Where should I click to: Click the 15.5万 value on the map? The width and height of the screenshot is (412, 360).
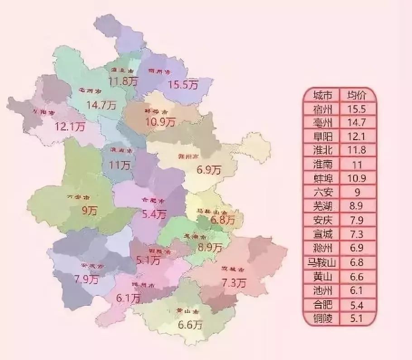(x=183, y=84)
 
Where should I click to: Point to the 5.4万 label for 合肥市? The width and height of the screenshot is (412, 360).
(x=154, y=214)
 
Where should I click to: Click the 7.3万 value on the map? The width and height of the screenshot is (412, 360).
(x=234, y=283)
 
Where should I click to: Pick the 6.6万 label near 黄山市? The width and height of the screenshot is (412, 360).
(x=190, y=325)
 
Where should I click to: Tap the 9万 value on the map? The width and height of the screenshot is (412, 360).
(x=90, y=210)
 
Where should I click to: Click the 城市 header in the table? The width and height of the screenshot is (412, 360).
(x=325, y=95)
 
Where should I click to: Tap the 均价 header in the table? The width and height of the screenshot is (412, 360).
(x=357, y=95)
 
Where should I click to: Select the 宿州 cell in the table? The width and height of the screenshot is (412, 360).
(x=325, y=109)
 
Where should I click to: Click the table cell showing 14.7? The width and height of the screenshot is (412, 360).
(x=357, y=123)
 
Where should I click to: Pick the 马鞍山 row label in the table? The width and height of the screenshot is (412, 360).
(x=325, y=262)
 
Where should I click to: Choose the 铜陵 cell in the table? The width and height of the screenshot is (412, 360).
(x=325, y=319)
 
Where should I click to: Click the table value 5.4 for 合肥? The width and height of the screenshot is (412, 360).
(x=357, y=305)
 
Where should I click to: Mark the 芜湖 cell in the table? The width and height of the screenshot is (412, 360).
(x=325, y=207)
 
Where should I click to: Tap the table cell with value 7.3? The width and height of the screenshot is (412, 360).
(x=357, y=235)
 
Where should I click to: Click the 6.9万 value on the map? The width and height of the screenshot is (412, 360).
(x=209, y=171)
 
